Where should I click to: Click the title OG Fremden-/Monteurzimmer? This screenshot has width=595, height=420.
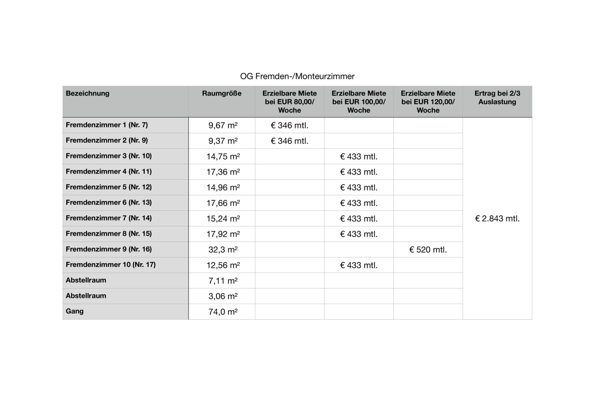point(297,76)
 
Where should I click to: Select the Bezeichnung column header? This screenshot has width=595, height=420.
point(88,93)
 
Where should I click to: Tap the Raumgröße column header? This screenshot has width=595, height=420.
point(222,93)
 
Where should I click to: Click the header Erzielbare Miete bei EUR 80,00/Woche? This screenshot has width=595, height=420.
point(289,102)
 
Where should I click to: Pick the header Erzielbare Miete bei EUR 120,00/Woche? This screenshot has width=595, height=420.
point(428,102)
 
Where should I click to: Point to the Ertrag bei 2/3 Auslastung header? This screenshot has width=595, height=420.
point(497,98)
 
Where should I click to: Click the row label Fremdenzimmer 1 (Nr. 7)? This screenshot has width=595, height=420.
point(107,125)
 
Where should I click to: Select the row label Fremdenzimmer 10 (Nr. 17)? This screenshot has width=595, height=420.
point(111,265)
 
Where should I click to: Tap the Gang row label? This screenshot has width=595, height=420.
point(75,311)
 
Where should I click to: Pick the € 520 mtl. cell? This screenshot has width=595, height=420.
point(428,250)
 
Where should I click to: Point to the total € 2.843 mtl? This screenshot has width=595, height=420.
point(497,219)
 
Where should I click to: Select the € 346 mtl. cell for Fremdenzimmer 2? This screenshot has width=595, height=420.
point(289,141)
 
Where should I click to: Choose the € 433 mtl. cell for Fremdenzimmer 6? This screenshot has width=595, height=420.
point(359,203)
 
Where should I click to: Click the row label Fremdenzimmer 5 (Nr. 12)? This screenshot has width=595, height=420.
point(109,187)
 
